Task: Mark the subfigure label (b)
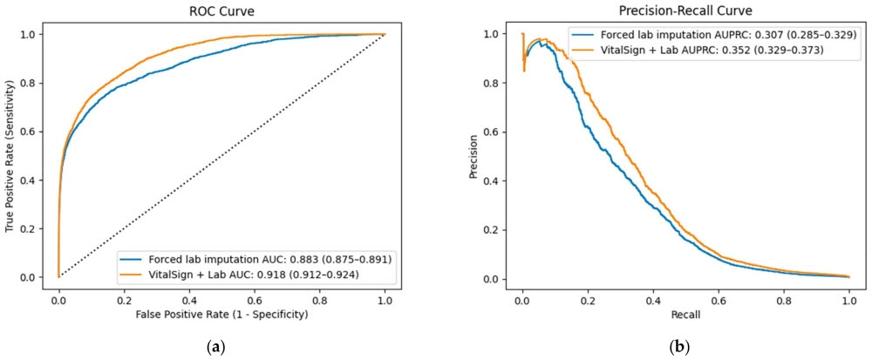click(x=683, y=348)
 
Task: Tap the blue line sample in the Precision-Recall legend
click(x=583, y=35)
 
